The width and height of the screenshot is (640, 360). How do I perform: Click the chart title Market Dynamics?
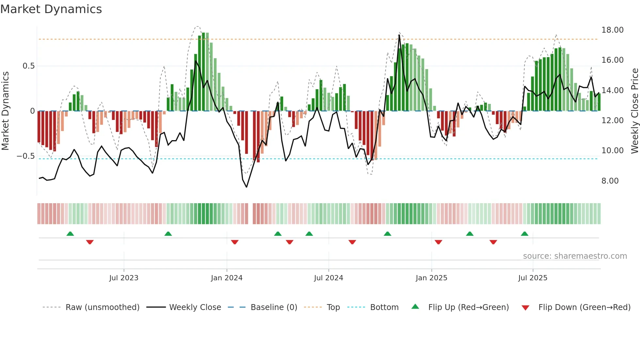51,9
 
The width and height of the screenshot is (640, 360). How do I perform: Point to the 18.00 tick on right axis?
612,30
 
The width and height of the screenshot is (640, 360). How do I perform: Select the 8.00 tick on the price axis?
610,181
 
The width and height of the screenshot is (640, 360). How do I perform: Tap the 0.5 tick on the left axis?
28,66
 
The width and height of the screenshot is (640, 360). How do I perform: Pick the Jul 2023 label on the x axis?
123,278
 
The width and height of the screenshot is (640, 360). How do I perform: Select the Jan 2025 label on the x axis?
431,278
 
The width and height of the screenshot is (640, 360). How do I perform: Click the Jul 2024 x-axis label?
328,278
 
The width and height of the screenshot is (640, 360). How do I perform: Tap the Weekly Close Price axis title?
634,111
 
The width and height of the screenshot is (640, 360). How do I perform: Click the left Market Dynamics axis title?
5,111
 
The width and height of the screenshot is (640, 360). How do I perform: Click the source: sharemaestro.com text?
575,256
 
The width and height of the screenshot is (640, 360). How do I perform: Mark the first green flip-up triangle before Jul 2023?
70,234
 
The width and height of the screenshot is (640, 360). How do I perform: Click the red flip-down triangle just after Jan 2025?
438,242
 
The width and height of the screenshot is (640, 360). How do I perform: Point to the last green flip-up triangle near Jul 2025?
524,234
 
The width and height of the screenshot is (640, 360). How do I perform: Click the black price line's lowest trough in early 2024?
246,187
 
